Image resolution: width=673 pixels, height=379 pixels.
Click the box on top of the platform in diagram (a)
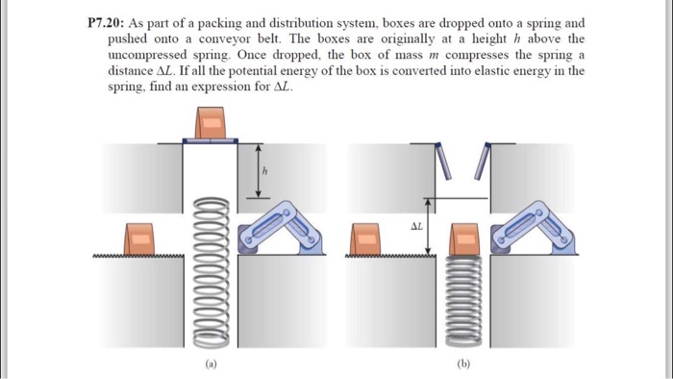211,123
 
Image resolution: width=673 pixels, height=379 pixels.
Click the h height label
265,173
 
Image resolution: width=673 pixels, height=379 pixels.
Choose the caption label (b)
466,364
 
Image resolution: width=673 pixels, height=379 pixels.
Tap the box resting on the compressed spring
465,240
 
